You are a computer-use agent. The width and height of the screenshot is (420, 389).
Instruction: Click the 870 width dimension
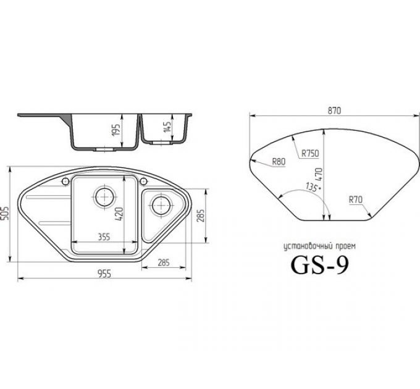coord(334,109)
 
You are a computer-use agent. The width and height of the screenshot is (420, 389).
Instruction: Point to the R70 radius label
coord(355,199)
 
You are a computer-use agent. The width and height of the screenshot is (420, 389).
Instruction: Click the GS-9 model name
coord(319,264)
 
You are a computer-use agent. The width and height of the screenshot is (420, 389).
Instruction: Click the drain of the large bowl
coord(103,198)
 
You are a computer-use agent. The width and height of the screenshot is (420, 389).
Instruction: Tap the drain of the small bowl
coord(161,203)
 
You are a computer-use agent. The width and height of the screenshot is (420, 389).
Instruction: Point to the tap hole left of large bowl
coord(65,181)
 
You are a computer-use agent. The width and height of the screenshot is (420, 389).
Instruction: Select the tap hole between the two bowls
coord(144,181)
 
